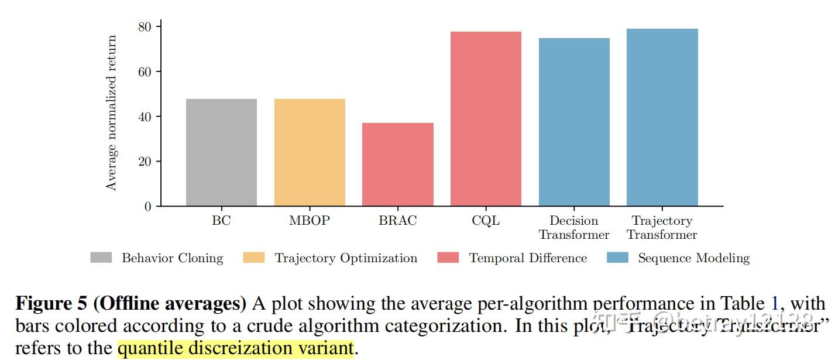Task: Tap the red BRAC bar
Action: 398,164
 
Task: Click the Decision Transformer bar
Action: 574,122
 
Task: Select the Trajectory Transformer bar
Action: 662,117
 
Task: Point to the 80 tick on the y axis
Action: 145,27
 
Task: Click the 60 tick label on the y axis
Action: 145,72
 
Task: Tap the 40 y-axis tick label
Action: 145,116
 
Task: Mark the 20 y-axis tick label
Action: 145,162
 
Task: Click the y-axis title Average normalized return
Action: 111,113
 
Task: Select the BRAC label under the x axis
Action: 398,221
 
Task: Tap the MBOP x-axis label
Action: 310,221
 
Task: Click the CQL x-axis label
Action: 486,221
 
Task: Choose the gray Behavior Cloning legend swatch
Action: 101,258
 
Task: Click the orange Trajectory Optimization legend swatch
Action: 254,258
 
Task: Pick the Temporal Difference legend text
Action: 528,258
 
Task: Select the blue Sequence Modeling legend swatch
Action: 617,258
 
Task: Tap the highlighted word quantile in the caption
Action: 151,349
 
